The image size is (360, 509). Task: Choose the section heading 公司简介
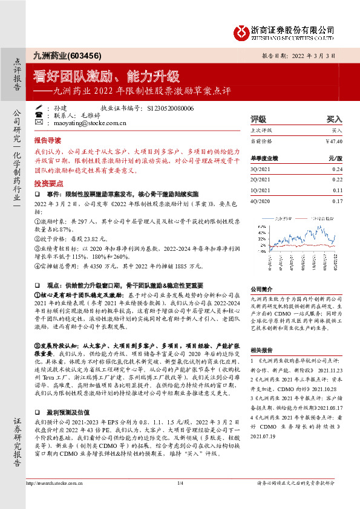tap(263, 289)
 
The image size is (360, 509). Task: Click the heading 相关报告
tap(263, 350)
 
